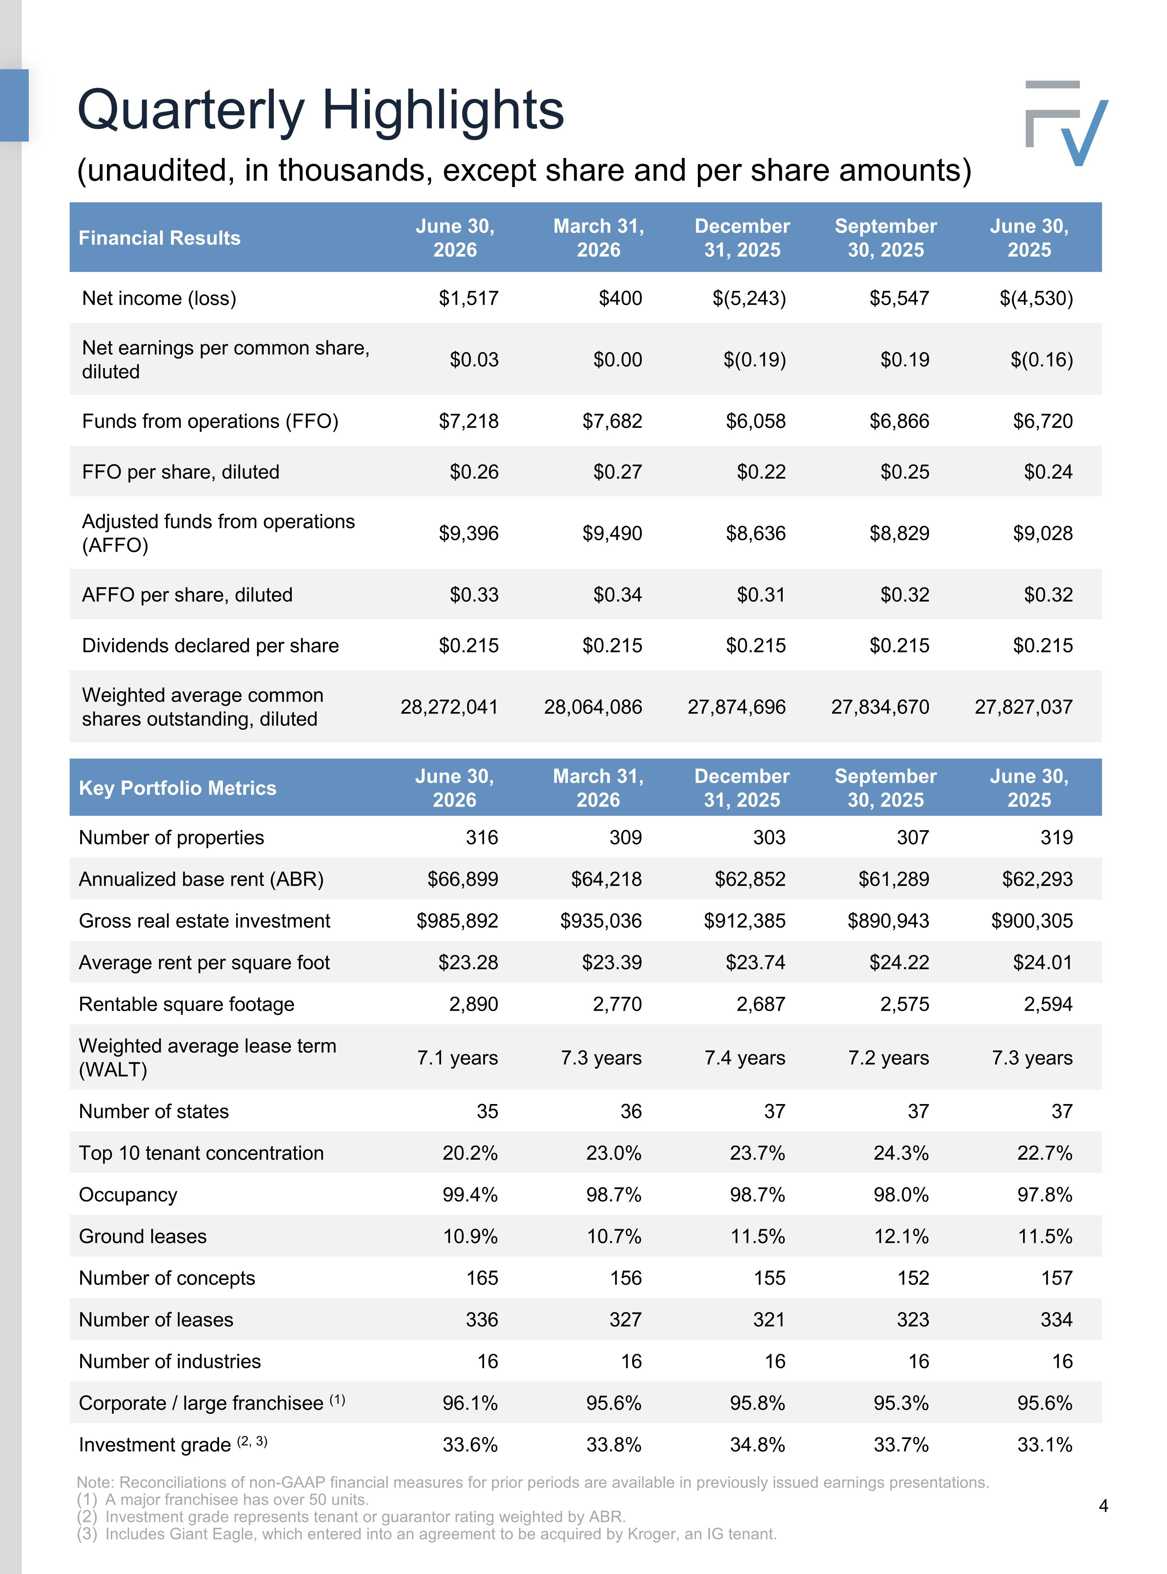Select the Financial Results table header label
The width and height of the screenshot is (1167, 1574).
(x=159, y=238)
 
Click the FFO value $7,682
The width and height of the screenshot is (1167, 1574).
(x=612, y=421)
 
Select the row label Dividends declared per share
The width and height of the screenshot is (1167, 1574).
(x=210, y=646)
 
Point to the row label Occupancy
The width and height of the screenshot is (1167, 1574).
(x=128, y=1195)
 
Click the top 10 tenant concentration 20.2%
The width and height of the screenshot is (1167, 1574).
(x=470, y=1153)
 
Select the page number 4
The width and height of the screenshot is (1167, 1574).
(x=1104, y=1506)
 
